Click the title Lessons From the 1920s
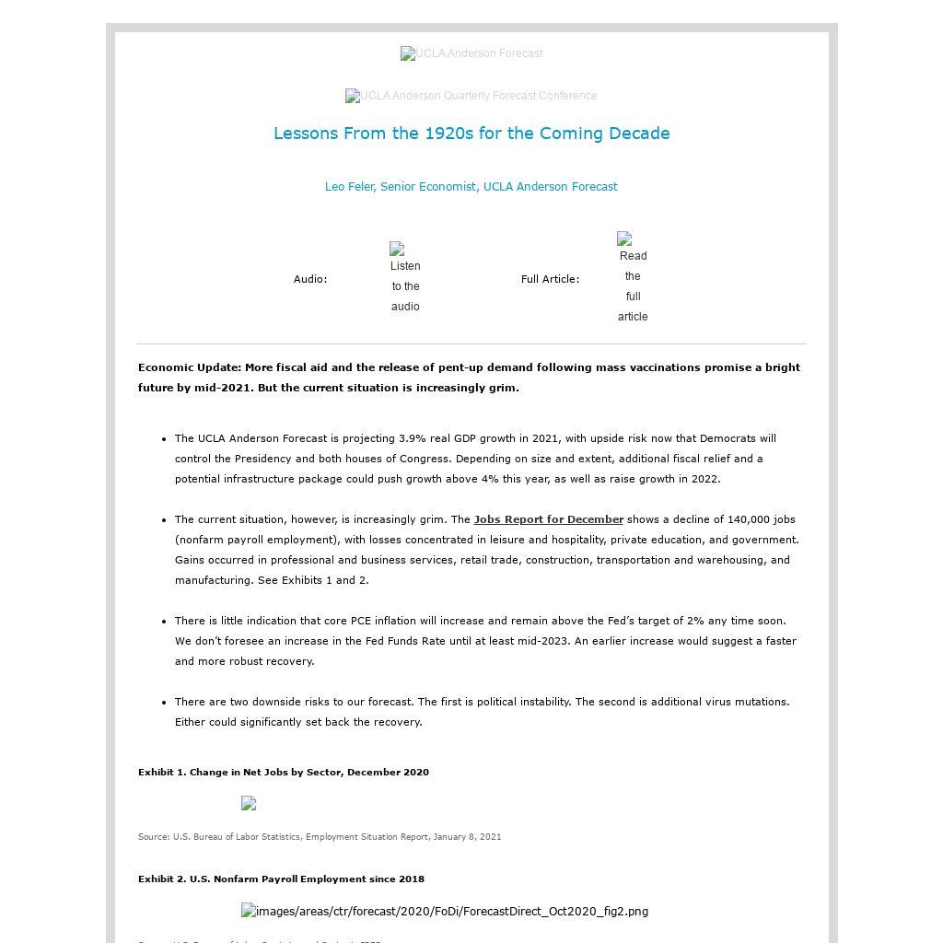point(471,134)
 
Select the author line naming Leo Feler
point(471,187)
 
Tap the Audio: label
point(310,279)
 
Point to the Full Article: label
point(550,279)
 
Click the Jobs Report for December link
point(548,519)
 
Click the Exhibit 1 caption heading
point(284,773)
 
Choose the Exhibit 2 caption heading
point(281,879)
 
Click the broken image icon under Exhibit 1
point(249,803)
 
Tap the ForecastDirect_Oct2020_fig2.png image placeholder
point(445,912)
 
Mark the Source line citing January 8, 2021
point(320,837)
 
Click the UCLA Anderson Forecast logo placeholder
point(471,54)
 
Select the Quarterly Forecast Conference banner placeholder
point(471,97)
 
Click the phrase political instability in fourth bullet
point(530,702)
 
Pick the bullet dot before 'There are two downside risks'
point(164,702)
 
